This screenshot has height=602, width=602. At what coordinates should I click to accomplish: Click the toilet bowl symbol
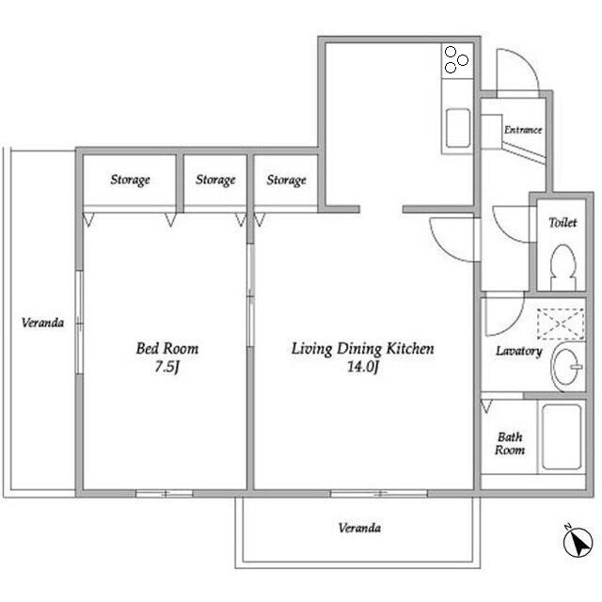pyautogui.click(x=562, y=267)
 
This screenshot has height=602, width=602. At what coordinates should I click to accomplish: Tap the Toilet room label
pyautogui.click(x=562, y=222)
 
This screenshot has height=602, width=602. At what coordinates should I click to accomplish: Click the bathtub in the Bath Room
pyautogui.click(x=562, y=436)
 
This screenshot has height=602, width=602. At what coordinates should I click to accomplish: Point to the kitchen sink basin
pyautogui.click(x=458, y=128)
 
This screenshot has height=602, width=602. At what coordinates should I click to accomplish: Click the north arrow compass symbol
pyautogui.click(x=578, y=541)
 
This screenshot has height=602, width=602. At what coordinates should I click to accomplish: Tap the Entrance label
pyautogui.click(x=523, y=130)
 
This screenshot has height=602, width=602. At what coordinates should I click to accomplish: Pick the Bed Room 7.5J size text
pyautogui.click(x=167, y=367)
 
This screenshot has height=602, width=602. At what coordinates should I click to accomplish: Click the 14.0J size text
pyautogui.click(x=363, y=367)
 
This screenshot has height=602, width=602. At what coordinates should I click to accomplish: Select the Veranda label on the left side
pyautogui.click(x=42, y=323)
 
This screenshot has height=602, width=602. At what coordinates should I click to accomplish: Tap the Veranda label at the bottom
pyautogui.click(x=359, y=528)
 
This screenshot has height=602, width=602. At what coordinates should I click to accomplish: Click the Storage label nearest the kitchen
pyautogui.click(x=286, y=180)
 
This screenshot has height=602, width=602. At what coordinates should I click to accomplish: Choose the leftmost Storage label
pyautogui.click(x=130, y=180)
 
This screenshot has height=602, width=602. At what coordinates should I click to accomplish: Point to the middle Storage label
pyautogui.click(x=215, y=180)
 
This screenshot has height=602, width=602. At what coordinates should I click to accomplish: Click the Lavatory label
pyautogui.click(x=518, y=351)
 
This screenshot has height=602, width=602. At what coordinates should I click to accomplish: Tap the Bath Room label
pyautogui.click(x=510, y=443)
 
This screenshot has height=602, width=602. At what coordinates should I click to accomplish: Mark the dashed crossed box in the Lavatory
pyautogui.click(x=561, y=325)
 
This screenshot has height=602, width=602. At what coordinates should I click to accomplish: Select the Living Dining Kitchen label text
pyautogui.click(x=363, y=349)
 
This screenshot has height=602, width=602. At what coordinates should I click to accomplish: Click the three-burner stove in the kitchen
pyautogui.click(x=457, y=60)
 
